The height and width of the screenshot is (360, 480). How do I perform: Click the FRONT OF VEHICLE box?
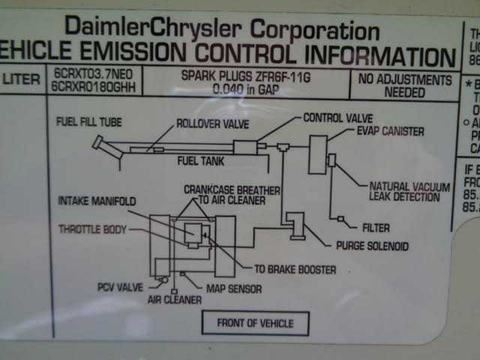coord(256,323)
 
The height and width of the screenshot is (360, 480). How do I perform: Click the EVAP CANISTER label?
coord(390,131)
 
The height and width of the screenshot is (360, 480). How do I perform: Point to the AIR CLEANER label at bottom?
coord(174,299)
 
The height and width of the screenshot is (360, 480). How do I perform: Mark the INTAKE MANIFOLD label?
coord(97,202)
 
